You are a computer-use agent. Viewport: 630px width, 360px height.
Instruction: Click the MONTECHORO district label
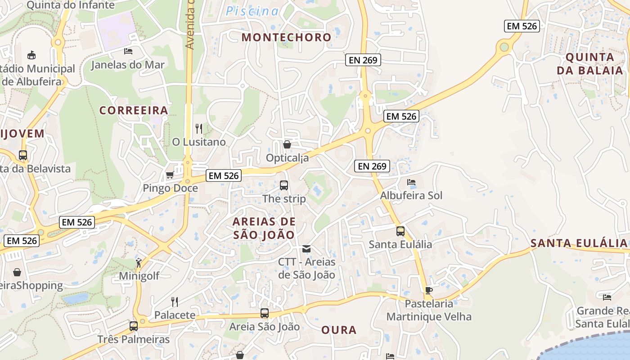[x=286, y=37]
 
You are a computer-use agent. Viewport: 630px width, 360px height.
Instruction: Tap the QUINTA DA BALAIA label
[x=589, y=63]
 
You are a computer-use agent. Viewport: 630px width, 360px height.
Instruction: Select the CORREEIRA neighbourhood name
[x=134, y=110]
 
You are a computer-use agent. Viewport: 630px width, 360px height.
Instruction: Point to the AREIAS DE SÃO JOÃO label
[x=264, y=228]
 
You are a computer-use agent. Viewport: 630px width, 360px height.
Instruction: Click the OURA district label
[x=339, y=330]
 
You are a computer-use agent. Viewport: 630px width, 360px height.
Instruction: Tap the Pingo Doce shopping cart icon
[x=170, y=175]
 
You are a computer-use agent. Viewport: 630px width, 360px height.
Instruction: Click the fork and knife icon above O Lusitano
[x=199, y=129]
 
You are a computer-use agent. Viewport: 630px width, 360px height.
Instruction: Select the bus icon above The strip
[x=284, y=185]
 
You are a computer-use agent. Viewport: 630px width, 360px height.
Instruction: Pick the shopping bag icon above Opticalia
[x=287, y=144]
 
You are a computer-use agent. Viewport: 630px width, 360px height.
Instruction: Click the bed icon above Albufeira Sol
[x=411, y=182]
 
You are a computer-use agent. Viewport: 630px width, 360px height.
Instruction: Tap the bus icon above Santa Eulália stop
[x=400, y=231]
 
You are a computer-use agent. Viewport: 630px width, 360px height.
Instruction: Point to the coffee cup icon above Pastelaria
[x=429, y=290]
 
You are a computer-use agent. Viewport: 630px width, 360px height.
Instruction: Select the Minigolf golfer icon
[x=139, y=262]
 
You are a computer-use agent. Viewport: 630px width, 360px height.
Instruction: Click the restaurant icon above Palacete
[x=175, y=301]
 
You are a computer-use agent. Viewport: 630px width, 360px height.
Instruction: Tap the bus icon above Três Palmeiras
[x=134, y=326]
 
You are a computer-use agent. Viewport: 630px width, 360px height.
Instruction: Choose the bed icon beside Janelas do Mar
[x=128, y=51]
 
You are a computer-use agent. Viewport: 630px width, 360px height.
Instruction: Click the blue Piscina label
[x=252, y=11]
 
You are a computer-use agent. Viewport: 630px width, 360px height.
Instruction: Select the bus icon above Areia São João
[x=265, y=313]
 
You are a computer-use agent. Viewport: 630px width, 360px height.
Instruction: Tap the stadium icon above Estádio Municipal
[x=31, y=55]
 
